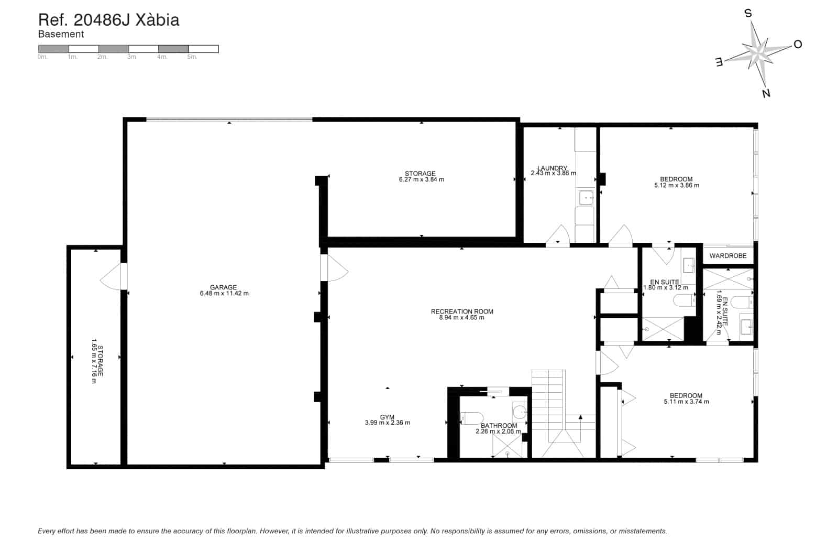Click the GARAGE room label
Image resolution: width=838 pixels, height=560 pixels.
point(223,287)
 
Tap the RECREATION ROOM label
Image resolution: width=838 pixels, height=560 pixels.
point(462,311)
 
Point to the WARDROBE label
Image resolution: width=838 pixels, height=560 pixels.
point(727,256)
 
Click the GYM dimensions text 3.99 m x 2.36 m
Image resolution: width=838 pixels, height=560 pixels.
point(387,423)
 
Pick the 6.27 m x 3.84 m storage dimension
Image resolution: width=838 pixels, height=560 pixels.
point(421,179)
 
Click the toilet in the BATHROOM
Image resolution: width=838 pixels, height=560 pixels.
point(471,418)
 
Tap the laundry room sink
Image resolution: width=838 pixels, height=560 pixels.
point(586,198)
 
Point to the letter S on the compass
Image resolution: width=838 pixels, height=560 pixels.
point(748,14)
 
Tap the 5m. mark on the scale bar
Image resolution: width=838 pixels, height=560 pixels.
point(192,57)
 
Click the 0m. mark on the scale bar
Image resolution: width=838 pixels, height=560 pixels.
point(42,57)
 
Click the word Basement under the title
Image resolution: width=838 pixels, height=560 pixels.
point(61,35)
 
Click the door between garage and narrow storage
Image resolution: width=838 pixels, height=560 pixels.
point(112,276)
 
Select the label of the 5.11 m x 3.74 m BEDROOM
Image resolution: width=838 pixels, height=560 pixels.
point(686,396)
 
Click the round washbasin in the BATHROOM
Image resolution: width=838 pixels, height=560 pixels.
point(519,410)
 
